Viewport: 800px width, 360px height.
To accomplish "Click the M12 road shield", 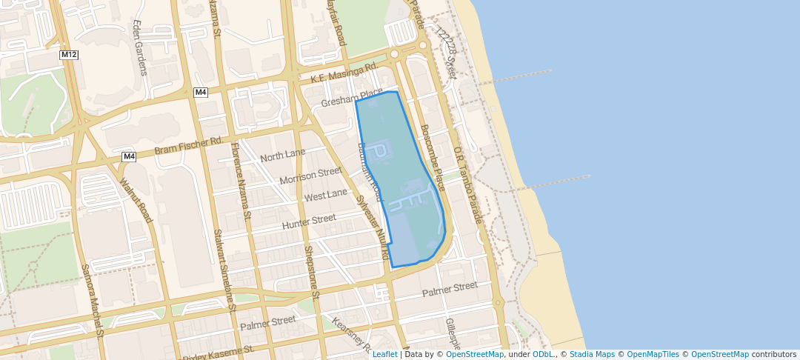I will click(69, 55).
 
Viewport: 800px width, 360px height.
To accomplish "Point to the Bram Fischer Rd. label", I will click(188, 145).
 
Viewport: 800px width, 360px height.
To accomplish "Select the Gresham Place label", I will click(352, 99).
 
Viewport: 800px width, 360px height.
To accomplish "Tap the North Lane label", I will click(282, 156).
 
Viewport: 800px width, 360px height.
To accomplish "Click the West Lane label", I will click(326, 195).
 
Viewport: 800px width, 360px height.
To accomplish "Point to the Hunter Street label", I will click(309, 220).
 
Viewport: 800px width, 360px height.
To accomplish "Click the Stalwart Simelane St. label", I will click(224, 270).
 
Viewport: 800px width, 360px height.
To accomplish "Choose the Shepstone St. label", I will click(311, 268).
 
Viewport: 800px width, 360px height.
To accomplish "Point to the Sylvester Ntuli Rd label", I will click(373, 227).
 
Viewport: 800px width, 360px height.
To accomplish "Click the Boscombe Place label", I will click(433, 158).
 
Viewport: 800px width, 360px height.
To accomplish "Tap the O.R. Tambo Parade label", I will click(468, 185).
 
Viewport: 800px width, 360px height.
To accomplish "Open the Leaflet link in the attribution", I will click(384, 354).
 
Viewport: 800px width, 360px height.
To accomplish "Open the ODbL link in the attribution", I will click(543, 354).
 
